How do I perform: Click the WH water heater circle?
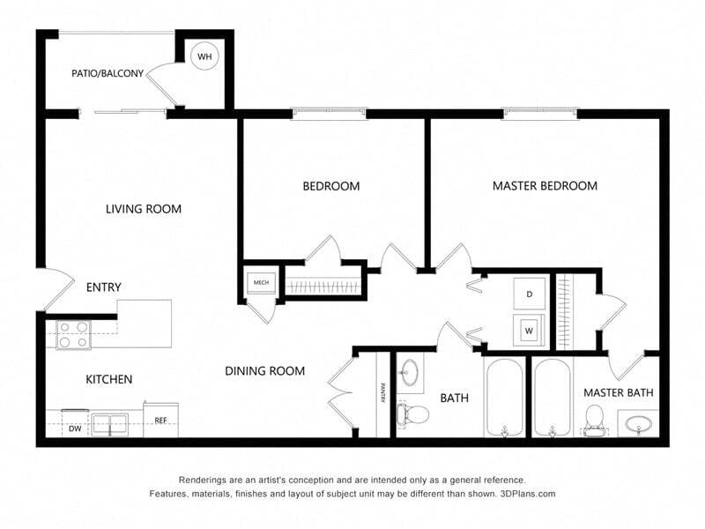[x=204, y=57]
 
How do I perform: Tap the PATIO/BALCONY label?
[x=107, y=74]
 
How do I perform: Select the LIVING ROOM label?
[x=144, y=209]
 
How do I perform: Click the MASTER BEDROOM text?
[x=545, y=186]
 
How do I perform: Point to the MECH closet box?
[x=262, y=282]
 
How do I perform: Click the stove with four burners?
[x=73, y=334]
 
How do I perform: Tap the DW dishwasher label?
[x=76, y=428]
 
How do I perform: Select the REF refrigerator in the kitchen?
[x=161, y=421]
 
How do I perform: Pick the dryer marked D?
[x=530, y=294]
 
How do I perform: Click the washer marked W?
[x=530, y=332]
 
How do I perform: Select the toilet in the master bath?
[x=594, y=417]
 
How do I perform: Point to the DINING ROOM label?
[x=264, y=371]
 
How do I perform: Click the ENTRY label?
[x=103, y=287]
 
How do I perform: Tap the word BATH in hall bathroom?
[x=454, y=399]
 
